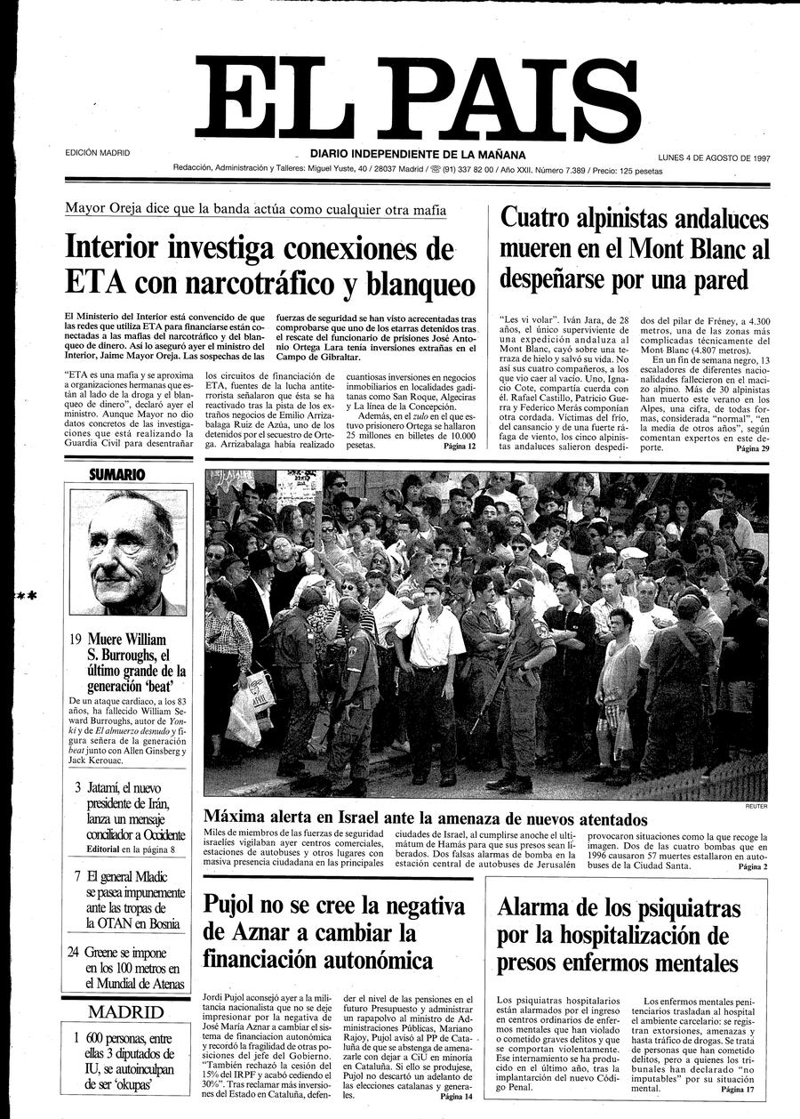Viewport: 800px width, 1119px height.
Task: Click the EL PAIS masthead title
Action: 418,96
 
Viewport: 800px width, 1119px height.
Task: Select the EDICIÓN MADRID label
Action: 98,153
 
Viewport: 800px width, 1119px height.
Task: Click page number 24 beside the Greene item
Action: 75,951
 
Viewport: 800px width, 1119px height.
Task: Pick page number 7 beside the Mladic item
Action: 78,875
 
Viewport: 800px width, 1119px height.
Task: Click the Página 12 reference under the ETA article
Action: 460,446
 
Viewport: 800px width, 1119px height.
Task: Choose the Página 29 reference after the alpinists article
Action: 752,449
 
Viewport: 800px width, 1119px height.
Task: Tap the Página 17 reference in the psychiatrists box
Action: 737,1089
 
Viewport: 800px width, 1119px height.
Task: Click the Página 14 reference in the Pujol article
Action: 457,1097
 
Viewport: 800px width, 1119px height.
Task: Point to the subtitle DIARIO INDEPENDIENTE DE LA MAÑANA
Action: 418,154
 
